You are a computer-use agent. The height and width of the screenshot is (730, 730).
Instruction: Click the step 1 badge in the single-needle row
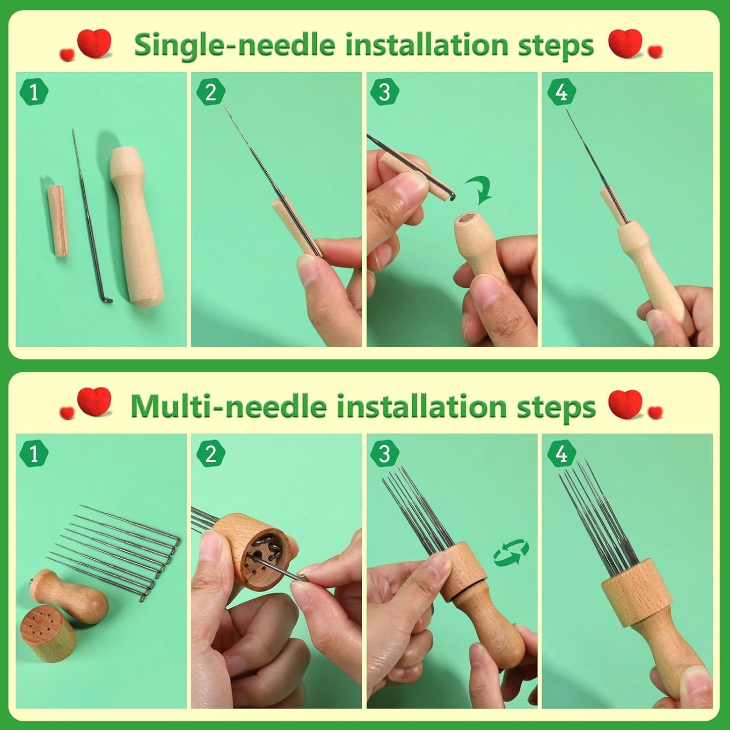pyautogui.click(x=34, y=92)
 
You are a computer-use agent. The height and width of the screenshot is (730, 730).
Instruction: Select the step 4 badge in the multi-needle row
pyautogui.click(x=561, y=454)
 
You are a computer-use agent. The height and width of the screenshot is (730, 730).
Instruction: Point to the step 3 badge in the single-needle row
pyautogui.click(x=384, y=92)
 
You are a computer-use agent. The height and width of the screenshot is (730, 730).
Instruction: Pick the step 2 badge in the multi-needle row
pyautogui.click(x=210, y=454)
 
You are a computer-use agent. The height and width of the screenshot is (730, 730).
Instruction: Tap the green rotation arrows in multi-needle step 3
pyautogui.click(x=511, y=552)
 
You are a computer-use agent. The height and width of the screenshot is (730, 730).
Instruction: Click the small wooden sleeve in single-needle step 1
pyautogui.click(x=57, y=221)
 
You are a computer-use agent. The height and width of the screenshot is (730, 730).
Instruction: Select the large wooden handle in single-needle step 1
pyautogui.click(x=137, y=227)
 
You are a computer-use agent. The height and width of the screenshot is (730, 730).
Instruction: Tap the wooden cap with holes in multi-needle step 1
pyautogui.click(x=48, y=633)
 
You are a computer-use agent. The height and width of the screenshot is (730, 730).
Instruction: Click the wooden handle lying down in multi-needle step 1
pyautogui.click(x=71, y=596)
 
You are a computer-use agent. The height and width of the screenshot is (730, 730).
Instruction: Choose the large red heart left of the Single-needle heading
pyautogui.click(x=94, y=43)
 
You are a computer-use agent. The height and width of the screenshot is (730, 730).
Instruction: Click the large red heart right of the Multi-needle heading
pyautogui.click(x=625, y=404)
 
